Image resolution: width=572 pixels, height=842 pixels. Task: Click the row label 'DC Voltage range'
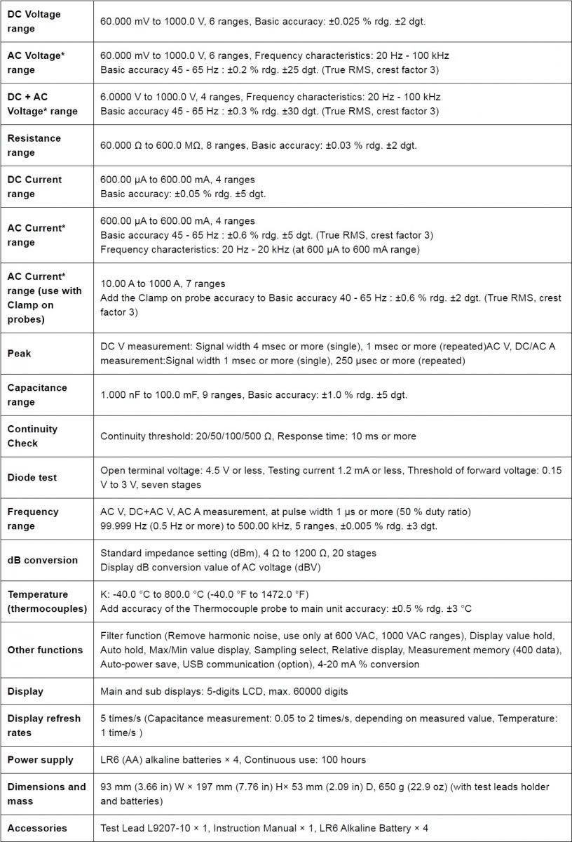pos(34,22)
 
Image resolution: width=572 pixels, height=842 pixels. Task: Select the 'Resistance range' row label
pos(34,145)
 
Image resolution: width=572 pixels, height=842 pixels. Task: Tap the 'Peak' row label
pos(19,354)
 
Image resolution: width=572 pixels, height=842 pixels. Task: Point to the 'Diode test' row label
pos(32,477)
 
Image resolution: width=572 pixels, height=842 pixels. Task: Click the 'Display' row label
pos(25,691)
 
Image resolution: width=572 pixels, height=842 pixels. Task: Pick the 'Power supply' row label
pos(39,760)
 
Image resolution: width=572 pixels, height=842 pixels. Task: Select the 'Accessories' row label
pos(37,828)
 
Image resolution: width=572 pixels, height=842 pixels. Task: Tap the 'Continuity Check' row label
pos(32,436)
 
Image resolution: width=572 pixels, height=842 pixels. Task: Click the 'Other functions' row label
pos(45,650)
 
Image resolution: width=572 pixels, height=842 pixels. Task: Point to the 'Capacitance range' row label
pos(37,394)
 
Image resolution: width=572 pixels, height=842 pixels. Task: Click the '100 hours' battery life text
pos(341,760)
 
